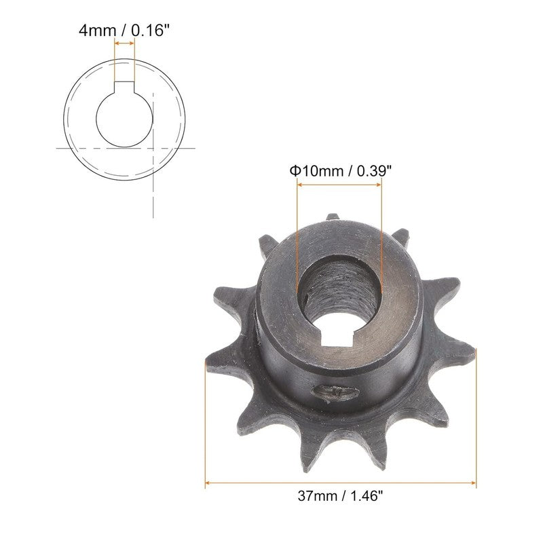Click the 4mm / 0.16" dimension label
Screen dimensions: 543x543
124,31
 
